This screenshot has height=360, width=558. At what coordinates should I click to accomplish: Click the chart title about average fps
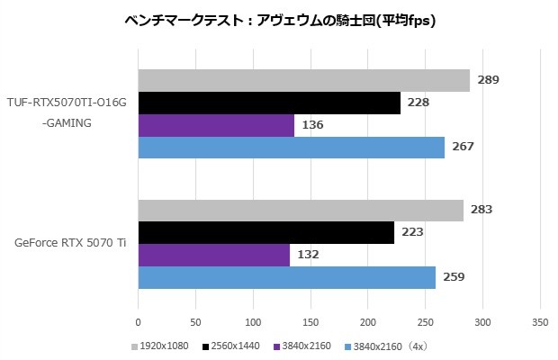tap(279, 21)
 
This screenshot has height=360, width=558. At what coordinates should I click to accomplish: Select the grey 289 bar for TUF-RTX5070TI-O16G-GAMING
tap(303, 81)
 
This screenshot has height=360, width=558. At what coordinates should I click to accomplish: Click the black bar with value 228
tap(269, 103)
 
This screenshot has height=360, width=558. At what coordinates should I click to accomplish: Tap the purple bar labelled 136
tap(216, 125)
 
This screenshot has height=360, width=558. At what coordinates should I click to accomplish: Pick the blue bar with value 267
tap(291, 148)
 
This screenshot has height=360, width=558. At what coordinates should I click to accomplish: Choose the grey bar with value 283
tap(301, 210)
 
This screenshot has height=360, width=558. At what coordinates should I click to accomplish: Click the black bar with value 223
tap(266, 232)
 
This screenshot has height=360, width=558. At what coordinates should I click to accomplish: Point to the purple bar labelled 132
tap(214, 255)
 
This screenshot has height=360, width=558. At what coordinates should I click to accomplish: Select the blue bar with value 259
tap(287, 276)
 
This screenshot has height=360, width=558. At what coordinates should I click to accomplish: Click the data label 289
tap(488, 81)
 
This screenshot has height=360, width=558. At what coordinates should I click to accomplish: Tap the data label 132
tap(308, 255)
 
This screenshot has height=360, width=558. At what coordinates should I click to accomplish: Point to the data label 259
tap(454, 276)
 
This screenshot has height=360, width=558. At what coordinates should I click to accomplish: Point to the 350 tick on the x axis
tap(540, 320)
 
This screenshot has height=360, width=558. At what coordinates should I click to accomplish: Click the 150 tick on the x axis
tap(310, 320)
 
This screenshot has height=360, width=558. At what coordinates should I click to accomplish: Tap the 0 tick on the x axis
tap(139, 320)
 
